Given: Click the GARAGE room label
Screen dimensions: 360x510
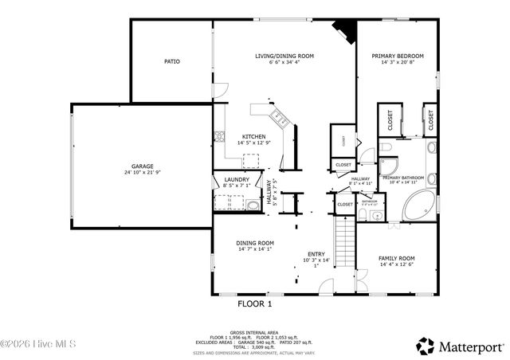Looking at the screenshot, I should [x=138, y=166].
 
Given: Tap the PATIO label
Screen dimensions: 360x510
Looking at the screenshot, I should [x=171, y=61].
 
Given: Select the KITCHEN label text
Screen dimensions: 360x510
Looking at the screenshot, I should [x=254, y=136].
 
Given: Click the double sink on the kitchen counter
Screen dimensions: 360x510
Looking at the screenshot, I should [x=280, y=119].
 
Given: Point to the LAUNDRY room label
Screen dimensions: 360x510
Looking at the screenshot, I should [x=237, y=180].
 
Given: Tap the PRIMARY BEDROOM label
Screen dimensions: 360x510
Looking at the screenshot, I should [x=398, y=56].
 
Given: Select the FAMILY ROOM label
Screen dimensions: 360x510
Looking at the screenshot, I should [x=396, y=258].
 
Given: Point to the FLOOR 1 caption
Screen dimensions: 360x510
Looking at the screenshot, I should [x=256, y=303].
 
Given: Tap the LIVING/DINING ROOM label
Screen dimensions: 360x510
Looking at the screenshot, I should [x=284, y=56].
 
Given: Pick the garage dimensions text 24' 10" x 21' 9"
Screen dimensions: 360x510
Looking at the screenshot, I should [x=138, y=173].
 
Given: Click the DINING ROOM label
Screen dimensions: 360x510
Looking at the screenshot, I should [x=254, y=242].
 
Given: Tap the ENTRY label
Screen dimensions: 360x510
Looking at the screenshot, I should [x=316, y=255].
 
